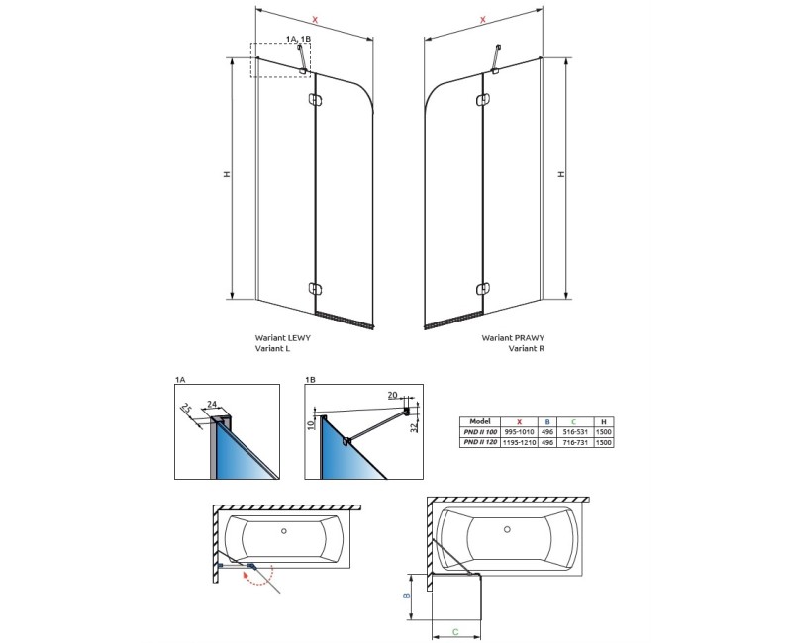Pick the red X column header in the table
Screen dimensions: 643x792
521,420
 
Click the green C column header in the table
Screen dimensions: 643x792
575,420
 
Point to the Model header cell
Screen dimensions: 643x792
480,420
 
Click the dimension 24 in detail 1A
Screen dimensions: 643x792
213,403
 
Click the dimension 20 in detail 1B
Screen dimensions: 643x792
392,395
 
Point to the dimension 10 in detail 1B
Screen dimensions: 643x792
310,426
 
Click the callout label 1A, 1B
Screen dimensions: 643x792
297,37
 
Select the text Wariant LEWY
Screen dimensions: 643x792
279,337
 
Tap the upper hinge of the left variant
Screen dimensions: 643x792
316,99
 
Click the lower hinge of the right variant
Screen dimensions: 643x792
482,289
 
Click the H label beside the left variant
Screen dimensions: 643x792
227,174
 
